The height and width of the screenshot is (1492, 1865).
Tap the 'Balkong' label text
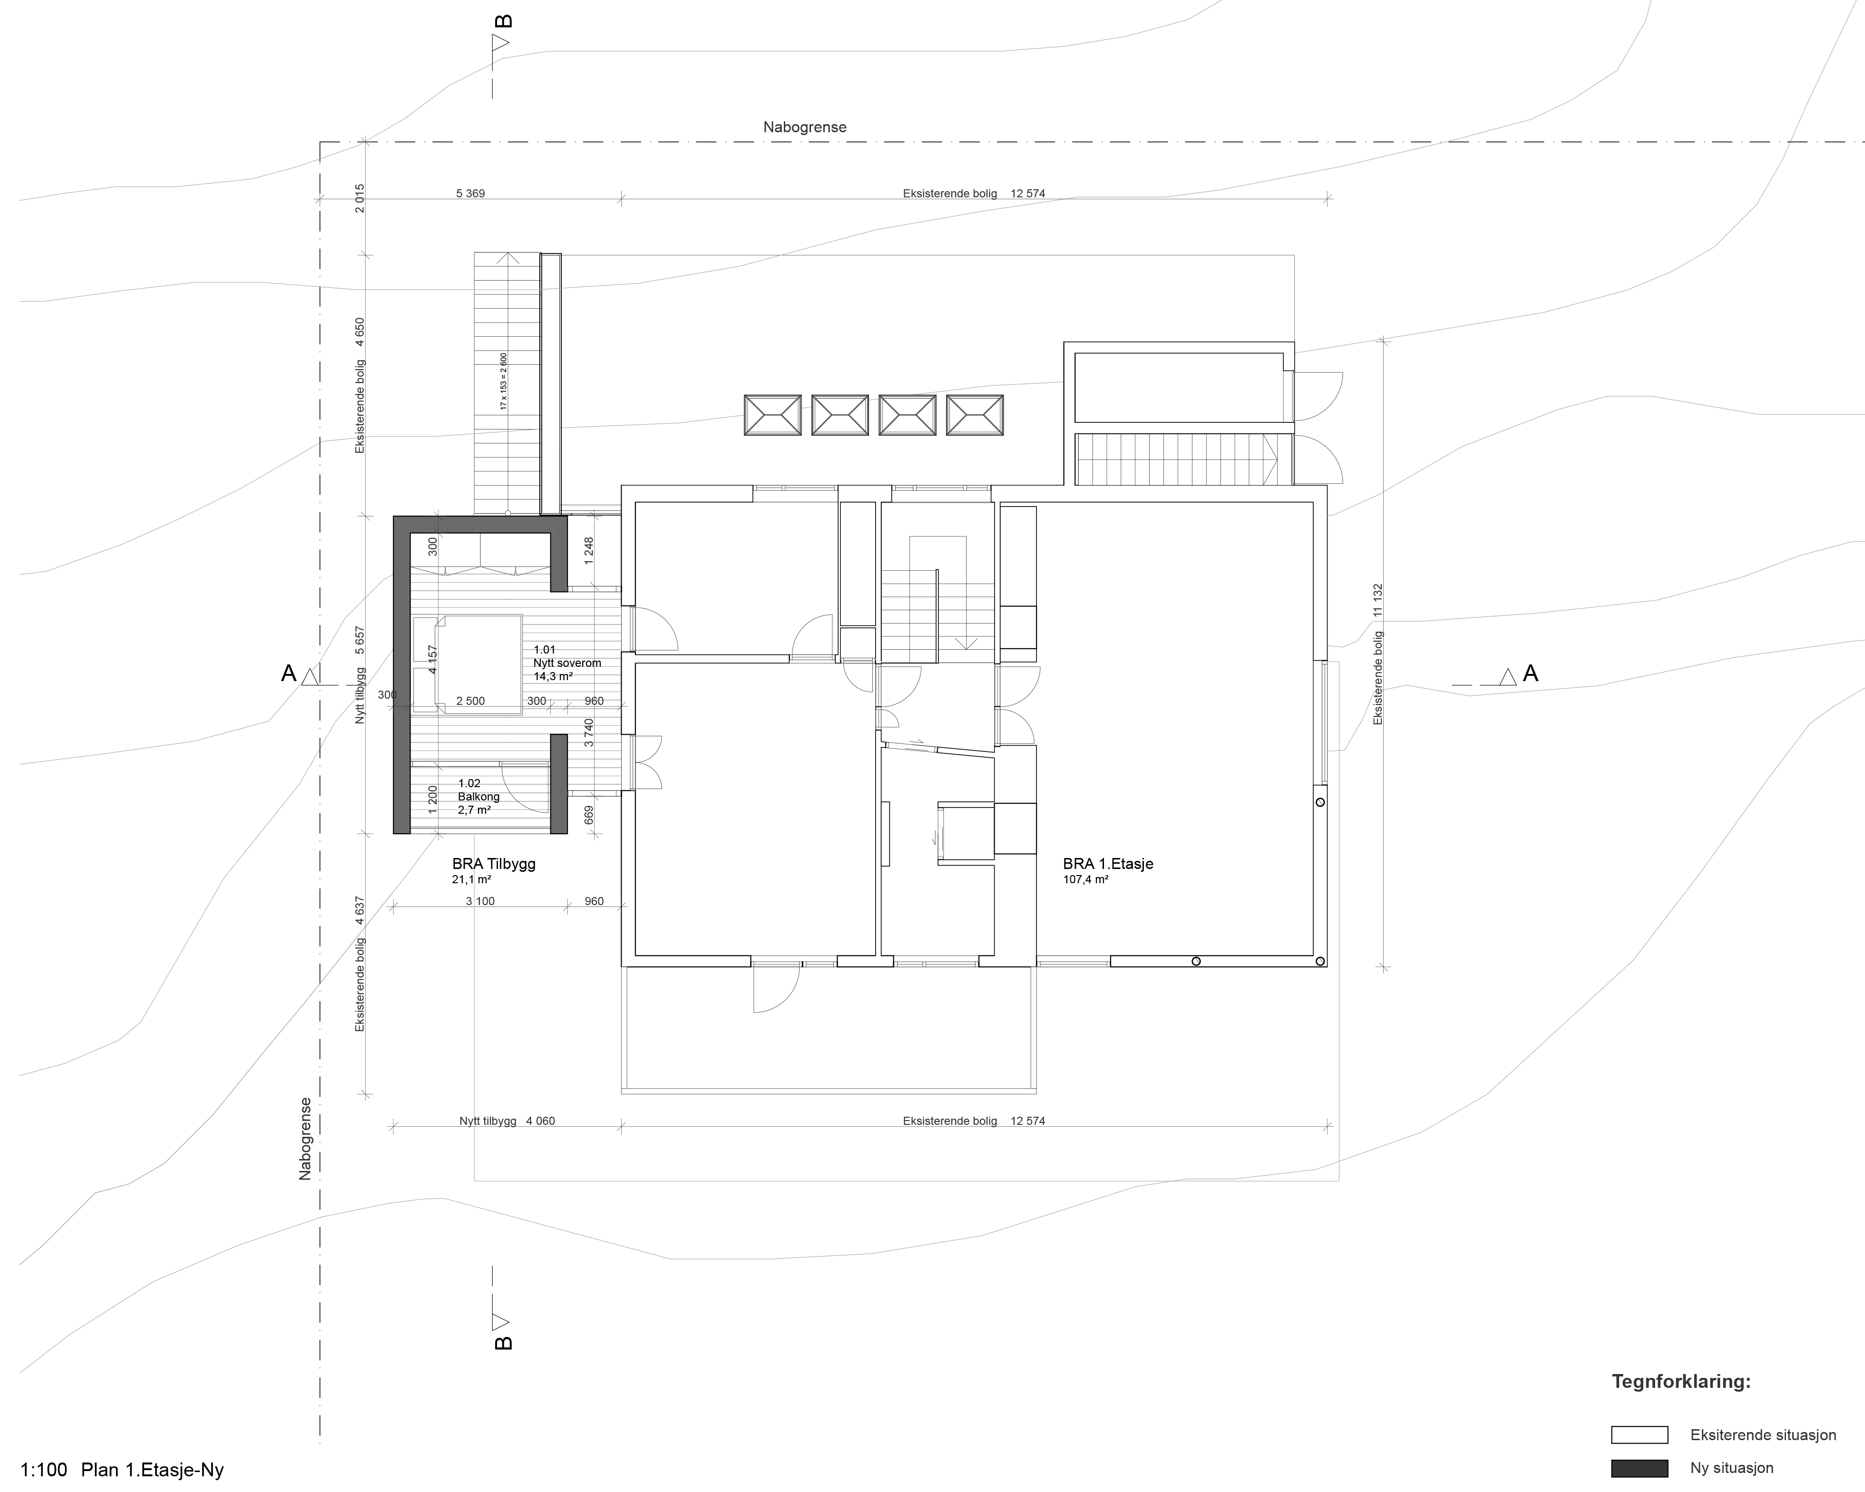pyautogui.click(x=478, y=797)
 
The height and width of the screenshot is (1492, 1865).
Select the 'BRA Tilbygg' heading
pyautogui.click(x=493, y=864)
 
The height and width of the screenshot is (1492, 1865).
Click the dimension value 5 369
pyautogui.click(x=470, y=194)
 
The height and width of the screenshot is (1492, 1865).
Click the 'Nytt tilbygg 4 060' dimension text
pyautogui.click(x=507, y=1121)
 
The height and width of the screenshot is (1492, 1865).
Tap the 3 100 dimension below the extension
pyautogui.click(x=480, y=901)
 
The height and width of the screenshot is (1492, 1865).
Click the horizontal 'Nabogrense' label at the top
pyautogui.click(x=804, y=127)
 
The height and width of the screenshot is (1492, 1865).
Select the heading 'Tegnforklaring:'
pyautogui.click(x=1681, y=1381)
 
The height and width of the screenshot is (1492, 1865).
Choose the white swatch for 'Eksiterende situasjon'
pyautogui.click(x=1639, y=1435)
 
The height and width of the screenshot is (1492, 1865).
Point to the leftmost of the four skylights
pyautogui.click(x=772, y=415)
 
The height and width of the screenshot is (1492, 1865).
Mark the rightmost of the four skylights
pyautogui.click(x=975, y=415)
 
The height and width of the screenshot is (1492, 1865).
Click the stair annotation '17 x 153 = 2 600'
pyautogui.click(x=503, y=381)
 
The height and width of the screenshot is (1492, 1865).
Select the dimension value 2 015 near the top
pyautogui.click(x=360, y=198)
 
